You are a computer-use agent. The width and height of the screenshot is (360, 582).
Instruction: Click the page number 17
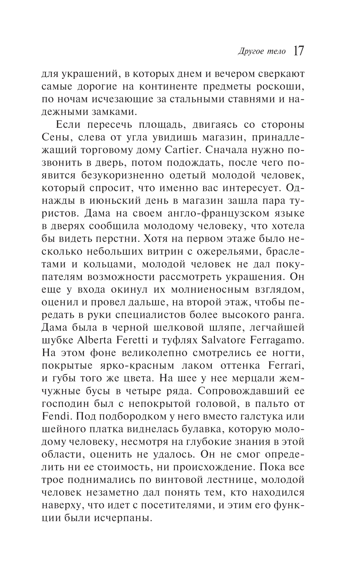coord(298,51)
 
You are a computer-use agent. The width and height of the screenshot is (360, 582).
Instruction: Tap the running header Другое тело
coord(262,52)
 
